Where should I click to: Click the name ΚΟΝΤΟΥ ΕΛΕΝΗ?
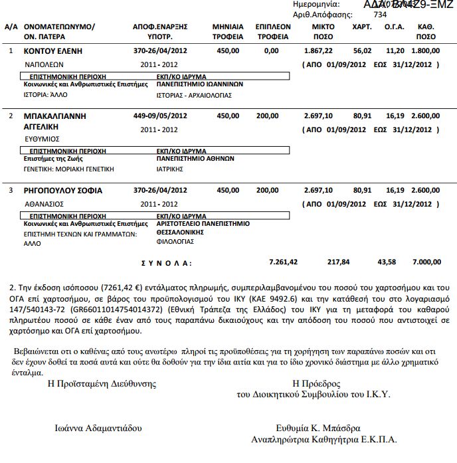[53, 50]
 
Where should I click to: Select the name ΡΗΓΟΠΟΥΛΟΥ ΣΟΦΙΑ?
[62, 191]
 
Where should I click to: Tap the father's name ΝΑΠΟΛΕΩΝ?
[44, 64]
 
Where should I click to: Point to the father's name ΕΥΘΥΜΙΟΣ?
[43, 139]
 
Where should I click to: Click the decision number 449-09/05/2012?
[160, 116]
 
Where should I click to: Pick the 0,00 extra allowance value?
[271, 50]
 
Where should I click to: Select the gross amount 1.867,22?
[318, 50]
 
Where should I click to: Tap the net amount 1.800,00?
[425, 50]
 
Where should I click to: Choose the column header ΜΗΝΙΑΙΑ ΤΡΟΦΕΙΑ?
[227, 31]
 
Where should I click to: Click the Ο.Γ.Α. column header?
[395, 27]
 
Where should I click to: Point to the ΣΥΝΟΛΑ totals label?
[162, 263]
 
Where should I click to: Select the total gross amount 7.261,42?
[283, 262]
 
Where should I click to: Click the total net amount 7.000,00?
[425, 262]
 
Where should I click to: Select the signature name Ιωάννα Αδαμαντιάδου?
[98, 428]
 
